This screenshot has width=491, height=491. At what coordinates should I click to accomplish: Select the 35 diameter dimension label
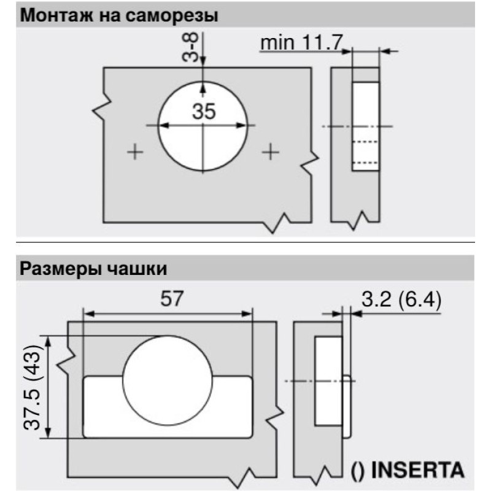coord(204,111)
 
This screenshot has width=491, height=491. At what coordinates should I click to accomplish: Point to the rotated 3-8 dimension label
coord(190,47)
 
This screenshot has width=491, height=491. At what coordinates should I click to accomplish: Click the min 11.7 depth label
coord(302,42)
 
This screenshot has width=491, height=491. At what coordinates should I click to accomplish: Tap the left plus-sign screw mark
coord(135,152)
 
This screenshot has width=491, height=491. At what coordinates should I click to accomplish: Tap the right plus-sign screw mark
coord(271,152)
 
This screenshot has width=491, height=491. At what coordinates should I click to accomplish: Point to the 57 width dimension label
coord(171,299)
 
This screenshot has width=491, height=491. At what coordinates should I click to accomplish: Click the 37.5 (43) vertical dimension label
coord(32,387)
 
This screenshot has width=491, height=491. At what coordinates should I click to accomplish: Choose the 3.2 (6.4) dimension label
coord(401,300)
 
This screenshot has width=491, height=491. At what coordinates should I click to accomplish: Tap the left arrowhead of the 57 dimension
coord(89,314)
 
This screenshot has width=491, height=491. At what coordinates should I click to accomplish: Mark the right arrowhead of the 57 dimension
coord(247,314)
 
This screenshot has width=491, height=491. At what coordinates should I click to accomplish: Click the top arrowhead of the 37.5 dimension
coord(48,341)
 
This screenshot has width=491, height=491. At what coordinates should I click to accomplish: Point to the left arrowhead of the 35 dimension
coord(164,126)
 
